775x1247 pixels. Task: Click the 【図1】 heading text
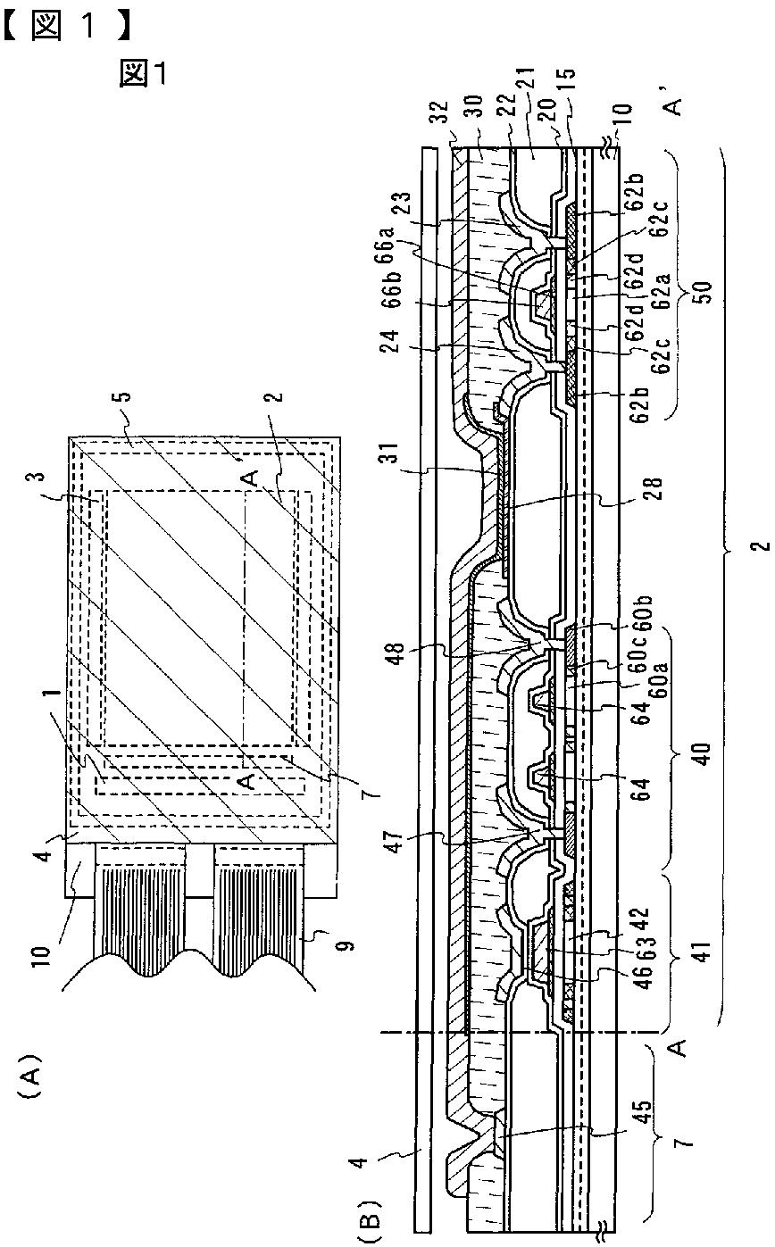[x=67, y=26]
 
